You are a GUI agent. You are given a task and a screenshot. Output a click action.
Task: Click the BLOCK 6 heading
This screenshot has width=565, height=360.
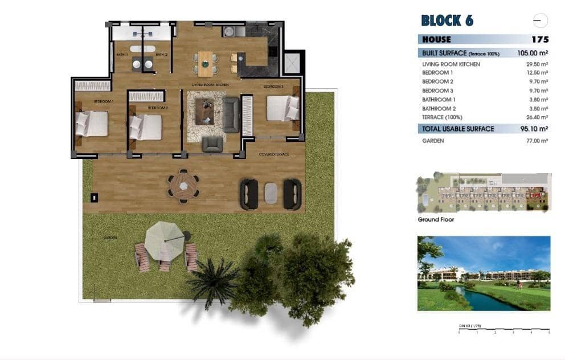[x=447, y=21]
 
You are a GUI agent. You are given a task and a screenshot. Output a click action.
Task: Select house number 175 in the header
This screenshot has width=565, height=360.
[x=539, y=39]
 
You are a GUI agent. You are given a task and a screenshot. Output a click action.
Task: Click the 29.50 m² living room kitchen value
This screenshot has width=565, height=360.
[x=537, y=64]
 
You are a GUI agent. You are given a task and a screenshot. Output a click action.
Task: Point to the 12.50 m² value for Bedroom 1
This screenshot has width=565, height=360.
[x=537, y=73]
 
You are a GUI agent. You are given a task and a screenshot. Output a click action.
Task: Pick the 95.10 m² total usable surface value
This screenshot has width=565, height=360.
[x=535, y=129]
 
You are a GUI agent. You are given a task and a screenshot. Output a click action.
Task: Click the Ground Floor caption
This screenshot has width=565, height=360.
[x=436, y=219]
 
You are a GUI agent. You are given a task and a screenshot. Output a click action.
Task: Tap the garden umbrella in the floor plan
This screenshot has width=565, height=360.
[x=163, y=240]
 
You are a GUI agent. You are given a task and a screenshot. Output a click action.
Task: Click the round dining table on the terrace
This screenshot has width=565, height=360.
[x=183, y=185]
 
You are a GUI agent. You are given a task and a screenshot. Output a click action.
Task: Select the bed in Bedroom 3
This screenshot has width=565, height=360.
[x=282, y=108]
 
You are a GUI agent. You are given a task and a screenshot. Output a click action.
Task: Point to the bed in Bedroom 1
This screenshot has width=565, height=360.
[x=92, y=124]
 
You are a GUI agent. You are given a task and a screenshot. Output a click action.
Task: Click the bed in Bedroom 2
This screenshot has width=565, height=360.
[x=146, y=127]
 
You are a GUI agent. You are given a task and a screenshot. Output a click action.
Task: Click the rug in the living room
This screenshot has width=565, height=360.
[x=206, y=117]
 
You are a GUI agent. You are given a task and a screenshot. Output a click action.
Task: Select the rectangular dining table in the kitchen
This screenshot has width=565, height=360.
[x=205, y=63]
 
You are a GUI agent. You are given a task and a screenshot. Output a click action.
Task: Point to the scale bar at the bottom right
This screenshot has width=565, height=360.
[x=503, y=330]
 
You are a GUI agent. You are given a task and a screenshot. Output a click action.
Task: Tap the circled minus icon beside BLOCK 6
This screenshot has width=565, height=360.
[x=538, y=21]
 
